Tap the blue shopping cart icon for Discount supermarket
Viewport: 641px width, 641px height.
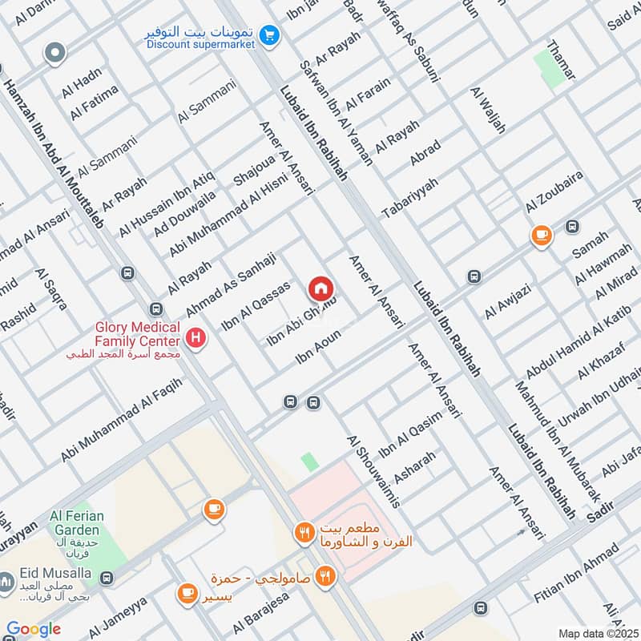(269, 35)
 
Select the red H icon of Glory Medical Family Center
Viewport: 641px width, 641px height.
(195, 339)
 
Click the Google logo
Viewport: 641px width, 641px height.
(34, 629)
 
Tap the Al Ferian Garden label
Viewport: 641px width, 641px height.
(76, 523)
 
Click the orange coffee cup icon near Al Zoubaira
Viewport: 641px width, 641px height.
(542, 236)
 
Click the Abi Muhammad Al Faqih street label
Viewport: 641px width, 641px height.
(122, 421)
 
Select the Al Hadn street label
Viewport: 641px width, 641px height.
(82, 80)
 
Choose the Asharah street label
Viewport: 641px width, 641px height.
(415, 468)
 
